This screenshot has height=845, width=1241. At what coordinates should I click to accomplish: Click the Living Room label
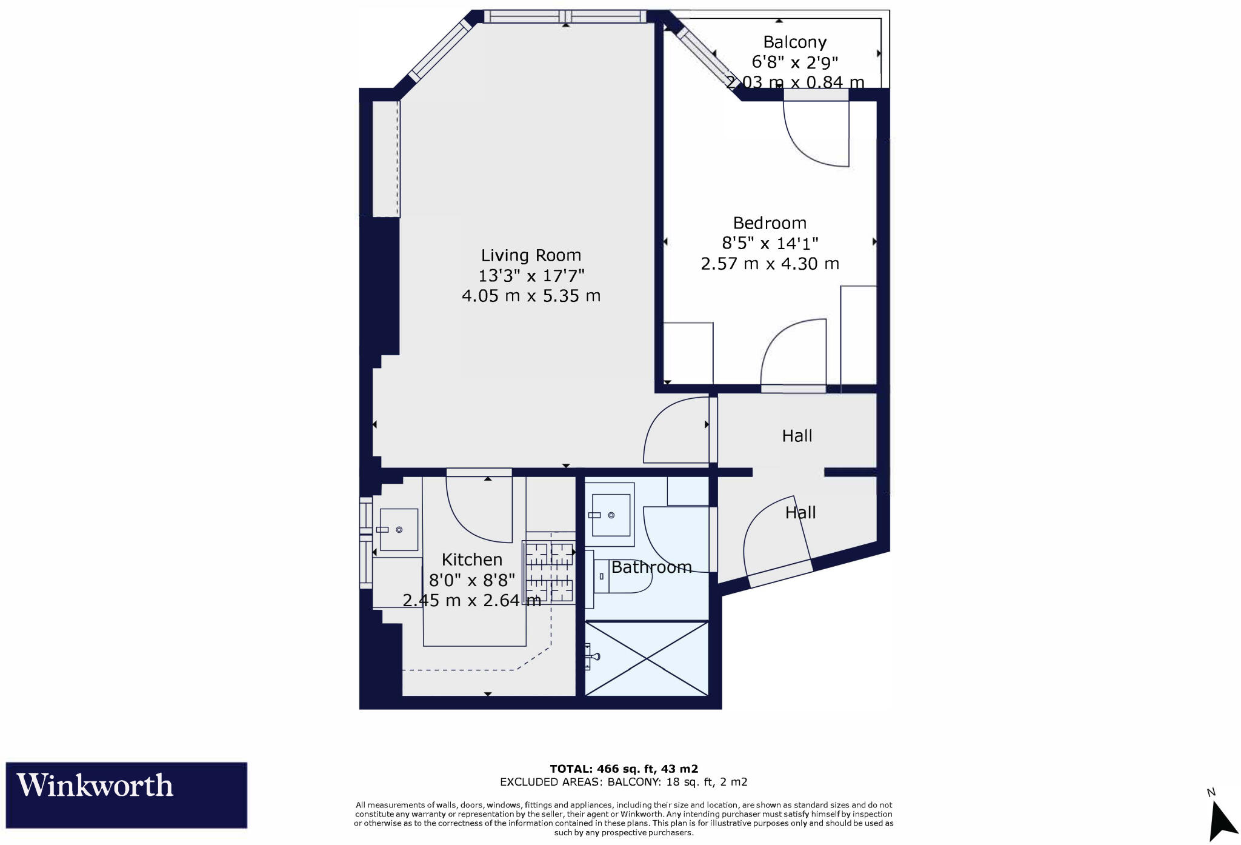531,255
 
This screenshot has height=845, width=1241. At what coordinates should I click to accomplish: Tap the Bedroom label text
770,223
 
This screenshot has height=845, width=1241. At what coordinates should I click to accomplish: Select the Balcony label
794,42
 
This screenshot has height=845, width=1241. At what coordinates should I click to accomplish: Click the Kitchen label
472,559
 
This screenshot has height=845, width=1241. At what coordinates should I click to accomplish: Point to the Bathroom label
651,567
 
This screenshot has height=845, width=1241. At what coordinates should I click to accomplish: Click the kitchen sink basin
398,529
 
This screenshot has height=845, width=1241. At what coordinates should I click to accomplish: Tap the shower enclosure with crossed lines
647,658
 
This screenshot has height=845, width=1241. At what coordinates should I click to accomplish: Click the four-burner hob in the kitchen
549,572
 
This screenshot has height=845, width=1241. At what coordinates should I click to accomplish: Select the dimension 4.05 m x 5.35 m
531,296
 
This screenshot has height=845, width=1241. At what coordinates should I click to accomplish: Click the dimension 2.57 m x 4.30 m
770,264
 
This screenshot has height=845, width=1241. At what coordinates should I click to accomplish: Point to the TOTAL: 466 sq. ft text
624,769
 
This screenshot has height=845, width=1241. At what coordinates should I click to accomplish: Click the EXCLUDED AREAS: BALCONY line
624,782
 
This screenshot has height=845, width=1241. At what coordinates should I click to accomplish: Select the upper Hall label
797,436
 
